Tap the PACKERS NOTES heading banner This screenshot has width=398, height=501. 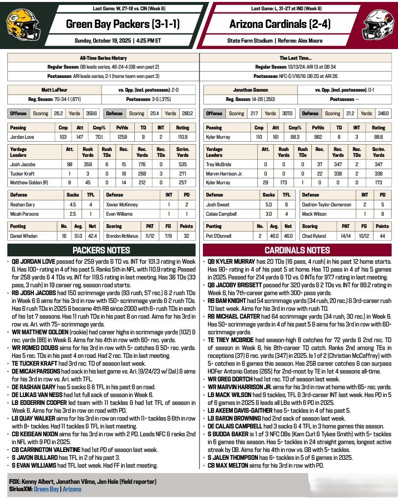[x=101, y=250]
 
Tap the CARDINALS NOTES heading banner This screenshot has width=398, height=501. [x=298, y=250]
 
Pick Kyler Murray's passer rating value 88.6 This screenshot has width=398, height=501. [x=378, y=137]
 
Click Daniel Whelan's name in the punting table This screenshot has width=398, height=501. [x=25, y=236]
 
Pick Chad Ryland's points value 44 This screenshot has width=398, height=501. [x=382, y=236]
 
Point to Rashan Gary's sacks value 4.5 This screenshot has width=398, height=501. [x=72, y=204]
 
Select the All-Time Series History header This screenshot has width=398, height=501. [x=103, y=57]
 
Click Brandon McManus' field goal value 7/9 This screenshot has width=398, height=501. [x=168, y=236]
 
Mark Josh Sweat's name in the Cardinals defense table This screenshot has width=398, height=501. [x=218, y=204]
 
